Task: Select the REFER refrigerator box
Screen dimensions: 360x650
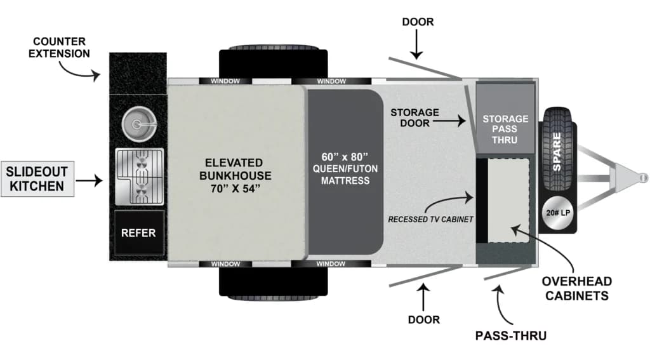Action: (x=138, y=233)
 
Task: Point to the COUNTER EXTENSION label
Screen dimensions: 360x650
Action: (x=62, y=47)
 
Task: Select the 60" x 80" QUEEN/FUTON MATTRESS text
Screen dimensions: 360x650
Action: (x=345, y=168)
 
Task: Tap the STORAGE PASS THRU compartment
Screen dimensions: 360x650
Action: (x=505, y=129)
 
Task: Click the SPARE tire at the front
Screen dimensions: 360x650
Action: (x=557, y=150)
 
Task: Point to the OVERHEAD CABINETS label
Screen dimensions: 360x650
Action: (x=576, y=288)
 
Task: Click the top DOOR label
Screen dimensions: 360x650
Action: (x=418, y=22)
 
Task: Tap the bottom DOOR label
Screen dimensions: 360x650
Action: (x=423, y=319)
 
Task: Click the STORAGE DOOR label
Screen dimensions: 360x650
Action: (x=414, y=117)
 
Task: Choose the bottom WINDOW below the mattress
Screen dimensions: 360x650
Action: (x=331, y=263)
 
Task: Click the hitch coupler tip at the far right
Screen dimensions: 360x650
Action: (x=639, y=175)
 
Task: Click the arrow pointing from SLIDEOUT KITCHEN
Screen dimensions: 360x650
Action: (x=93, y=181)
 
